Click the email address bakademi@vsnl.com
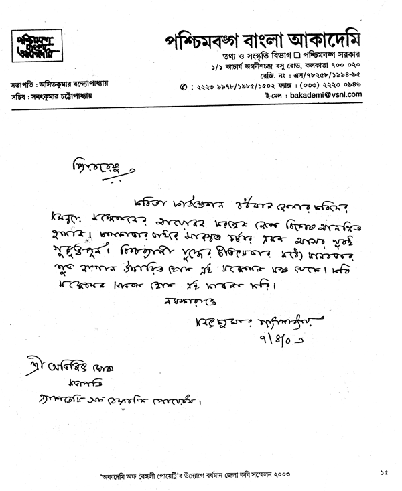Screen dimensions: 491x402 [x=324, y=96]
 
